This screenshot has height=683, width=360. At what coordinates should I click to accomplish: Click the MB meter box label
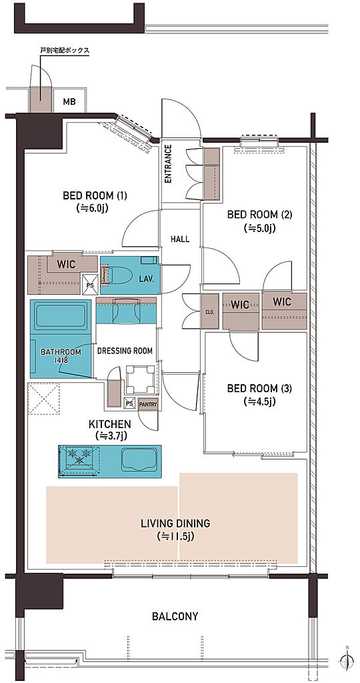click(x=69, y=102)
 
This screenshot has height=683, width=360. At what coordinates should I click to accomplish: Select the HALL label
click(x=180, y=239)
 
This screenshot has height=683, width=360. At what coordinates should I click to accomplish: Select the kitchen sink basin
click(x=137, y=460)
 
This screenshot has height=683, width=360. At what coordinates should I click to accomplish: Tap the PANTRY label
click(x=147, y=404)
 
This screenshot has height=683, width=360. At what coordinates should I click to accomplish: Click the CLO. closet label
click(x=209, y=312)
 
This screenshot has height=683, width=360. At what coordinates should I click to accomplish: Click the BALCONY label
click(x=175, y=616)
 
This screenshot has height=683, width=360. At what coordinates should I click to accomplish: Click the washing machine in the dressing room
click(x=141, y=379)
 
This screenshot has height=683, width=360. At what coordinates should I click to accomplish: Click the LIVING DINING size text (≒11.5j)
click(x=175, y=536)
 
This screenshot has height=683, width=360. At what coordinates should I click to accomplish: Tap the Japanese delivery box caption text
click(x=65, y=51)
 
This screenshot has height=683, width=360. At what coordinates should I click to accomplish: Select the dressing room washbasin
click(x=126, y=310)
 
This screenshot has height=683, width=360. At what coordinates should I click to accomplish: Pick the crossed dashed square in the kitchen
click(x=43, y=399)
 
